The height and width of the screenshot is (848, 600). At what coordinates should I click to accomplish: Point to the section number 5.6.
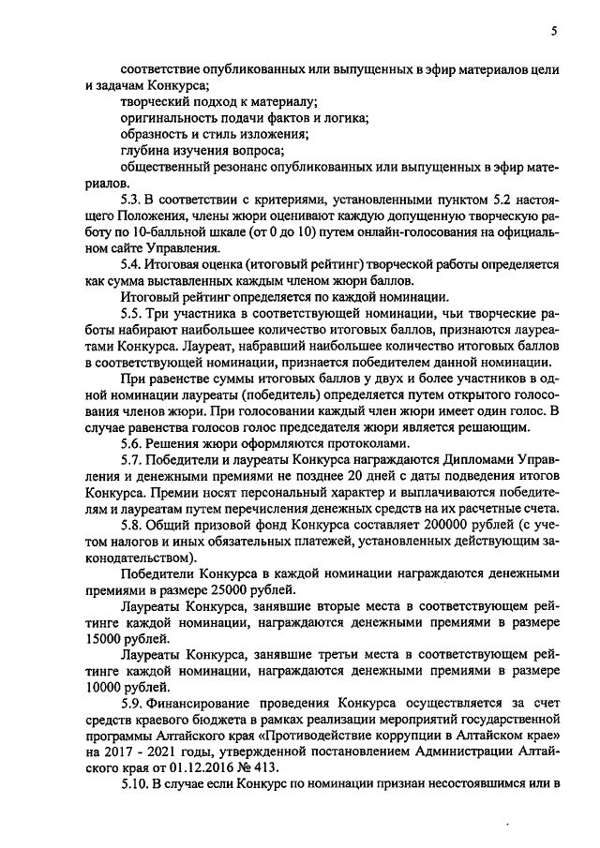[132, 443]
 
